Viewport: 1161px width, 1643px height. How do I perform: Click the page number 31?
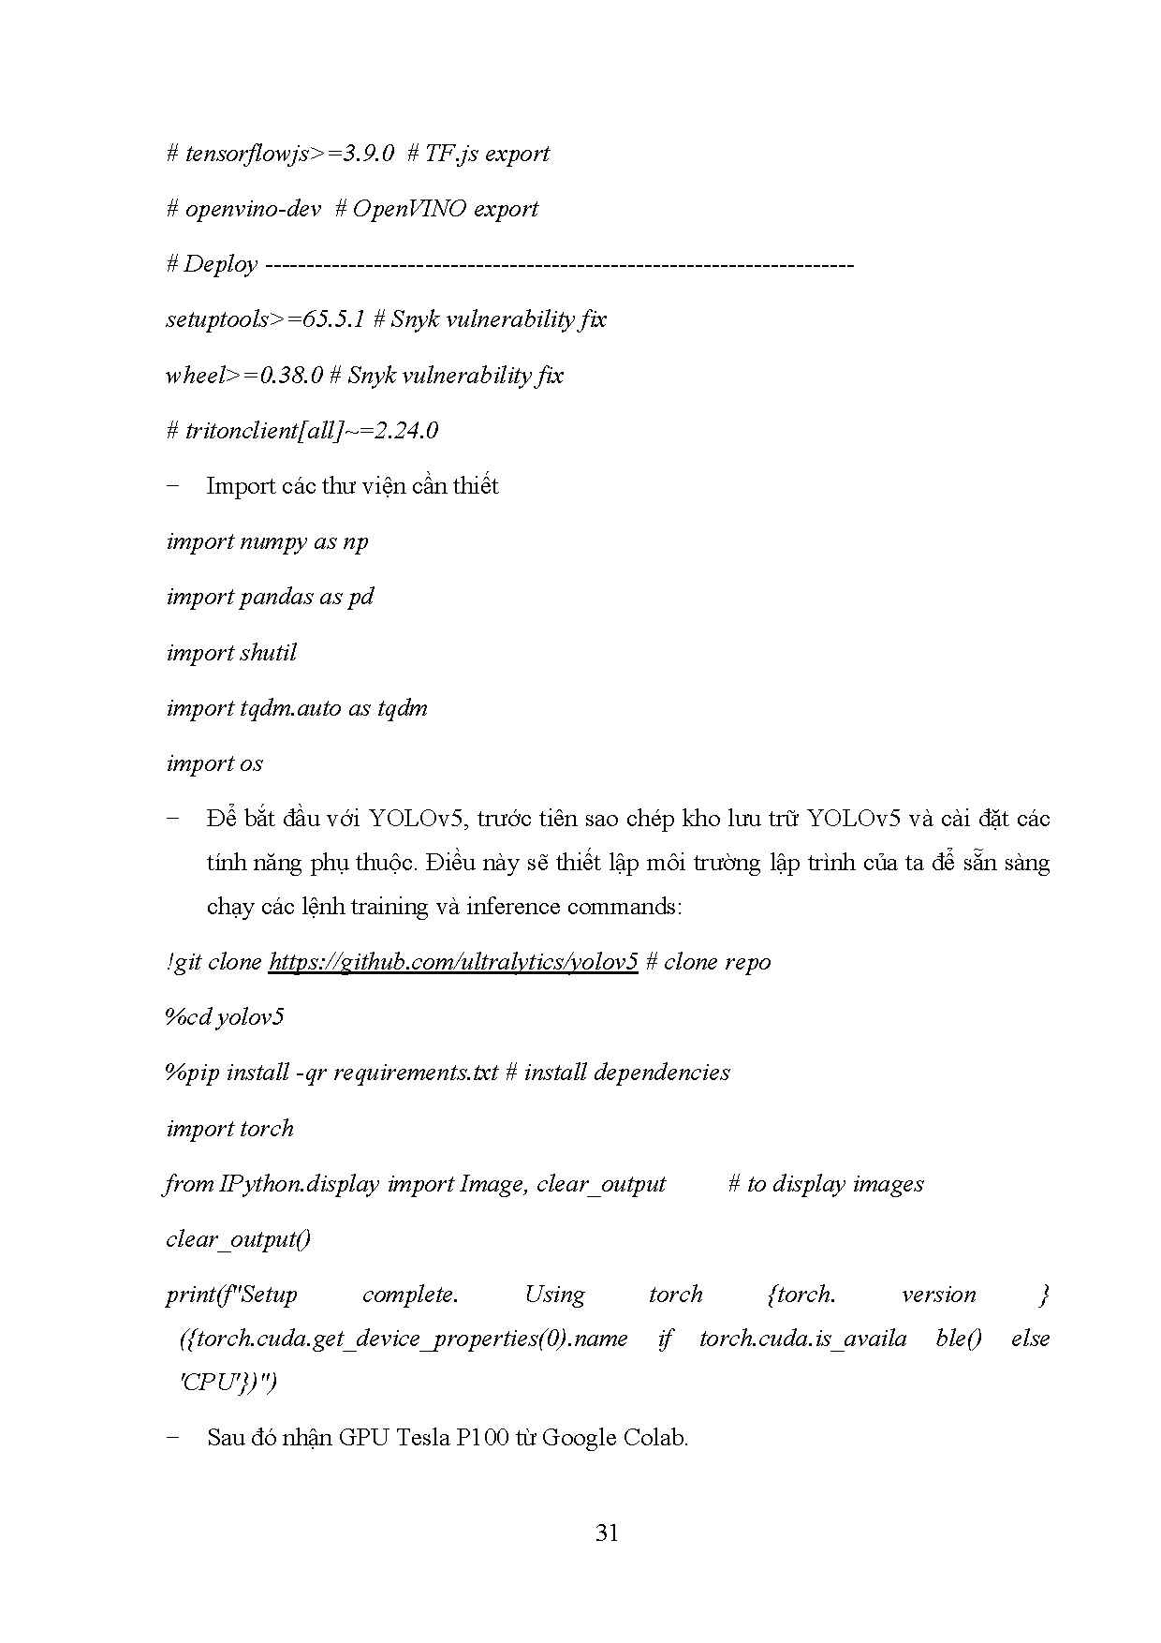pyautogui.click(x=607, y=1533)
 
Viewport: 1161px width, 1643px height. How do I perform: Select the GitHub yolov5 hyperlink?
pyautogui.click(x=453, y=962)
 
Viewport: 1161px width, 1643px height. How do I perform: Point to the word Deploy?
pyautogui.click(x=220, y=264)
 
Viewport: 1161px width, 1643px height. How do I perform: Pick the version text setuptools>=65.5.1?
pyautogui.click(x=265, y=319)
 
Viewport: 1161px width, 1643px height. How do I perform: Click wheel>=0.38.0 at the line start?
pyautogui.click(x=244, y=376)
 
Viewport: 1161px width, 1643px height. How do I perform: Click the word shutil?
pyautogui.click(x=268, y=653)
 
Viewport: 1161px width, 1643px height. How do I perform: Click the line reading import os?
pyautogui.click(x=214, y=763)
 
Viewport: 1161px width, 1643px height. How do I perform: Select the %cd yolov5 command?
pyautogui.click(x=225, y=1017)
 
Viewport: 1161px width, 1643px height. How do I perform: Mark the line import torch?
pyautogui.click(x=229, y=1129)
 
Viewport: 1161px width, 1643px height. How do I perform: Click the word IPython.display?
pyautogui.click(x=299, y=1184)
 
